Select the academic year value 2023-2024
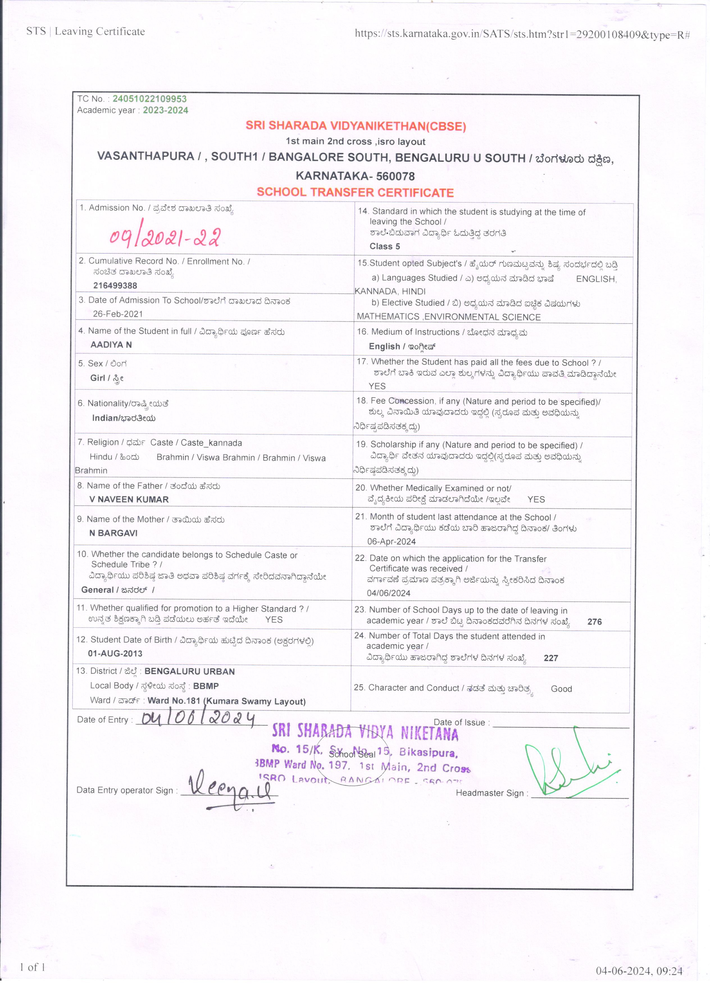165,110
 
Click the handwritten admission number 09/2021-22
165,237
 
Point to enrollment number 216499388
115,285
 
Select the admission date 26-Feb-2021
118,314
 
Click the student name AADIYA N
111,345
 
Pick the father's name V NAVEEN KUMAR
129,499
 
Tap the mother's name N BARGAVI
113,533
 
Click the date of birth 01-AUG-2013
115,653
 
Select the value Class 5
385,246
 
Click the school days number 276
595,622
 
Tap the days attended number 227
551,658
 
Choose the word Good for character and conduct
561,689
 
